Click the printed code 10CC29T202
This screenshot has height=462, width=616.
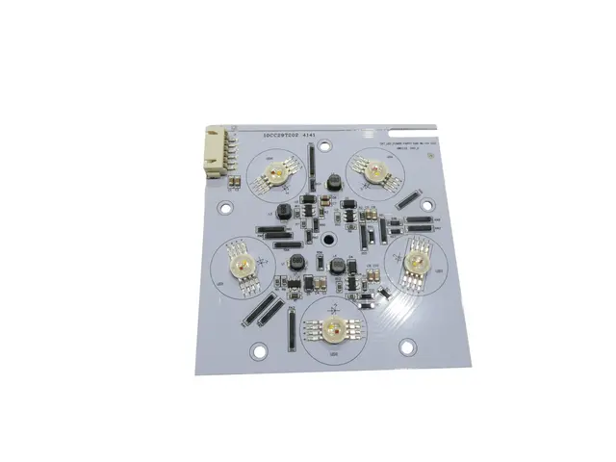coord(280,138)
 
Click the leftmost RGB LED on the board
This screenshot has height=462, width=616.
coord(238,263)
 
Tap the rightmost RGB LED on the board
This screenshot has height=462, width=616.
coord(415,260)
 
